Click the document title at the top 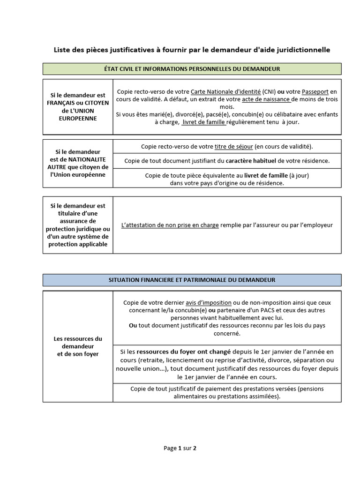(x=192, y=50)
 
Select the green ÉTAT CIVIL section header (x=192, y=69)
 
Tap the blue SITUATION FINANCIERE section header (x=192, y=280)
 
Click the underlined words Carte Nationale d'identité (x=225, y=92)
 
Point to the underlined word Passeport (x=316, y=92)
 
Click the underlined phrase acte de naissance (x=266, y=100)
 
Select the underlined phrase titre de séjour (x=233, y=147)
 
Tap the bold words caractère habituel (x=250, y=161)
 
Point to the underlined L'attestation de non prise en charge (x=170, y=225)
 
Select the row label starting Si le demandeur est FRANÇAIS (x=78, y=107)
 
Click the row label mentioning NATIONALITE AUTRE (x=78, y=163)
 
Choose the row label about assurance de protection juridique (x=78, y=225)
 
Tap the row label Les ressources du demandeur (x=78, y=346)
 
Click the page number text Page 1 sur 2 (x=180, y=448)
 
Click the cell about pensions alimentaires (x=227, y=392)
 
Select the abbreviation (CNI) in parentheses (x=269, y=92)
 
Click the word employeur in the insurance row (x=317, y=225)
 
